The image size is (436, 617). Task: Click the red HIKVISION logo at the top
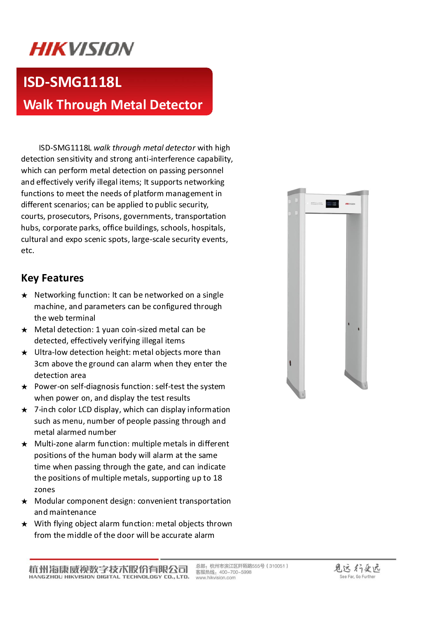(x=82, y=49)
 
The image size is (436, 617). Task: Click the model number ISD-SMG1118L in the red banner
(x=73, y=82)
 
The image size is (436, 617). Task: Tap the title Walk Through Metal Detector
(x=113, y=105)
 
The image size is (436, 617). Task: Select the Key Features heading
(x=52, y=278)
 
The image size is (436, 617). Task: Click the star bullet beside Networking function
(x=25, y=296)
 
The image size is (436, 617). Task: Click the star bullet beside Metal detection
(x=25, y=330)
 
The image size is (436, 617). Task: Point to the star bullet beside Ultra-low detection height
(x=25, y=353)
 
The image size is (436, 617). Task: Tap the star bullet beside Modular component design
(x=25, y=502)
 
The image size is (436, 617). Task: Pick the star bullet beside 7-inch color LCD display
(x=25, y=410)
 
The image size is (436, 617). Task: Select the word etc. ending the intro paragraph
(x=28, y=251)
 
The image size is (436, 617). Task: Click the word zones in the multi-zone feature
(x=45, y=490)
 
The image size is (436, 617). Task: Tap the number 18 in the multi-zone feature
(x=218, y=478)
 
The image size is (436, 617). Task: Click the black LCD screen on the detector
(x=332, y=204)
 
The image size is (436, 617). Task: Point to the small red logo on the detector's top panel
(x=350, y=204)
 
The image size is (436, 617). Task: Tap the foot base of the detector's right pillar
(x=357, y=381)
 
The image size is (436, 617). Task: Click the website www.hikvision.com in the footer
(x=216, y=578)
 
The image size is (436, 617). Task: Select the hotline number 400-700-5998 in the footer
(x=235, y=572)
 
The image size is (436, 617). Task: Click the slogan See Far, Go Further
(x=357, y=577)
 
